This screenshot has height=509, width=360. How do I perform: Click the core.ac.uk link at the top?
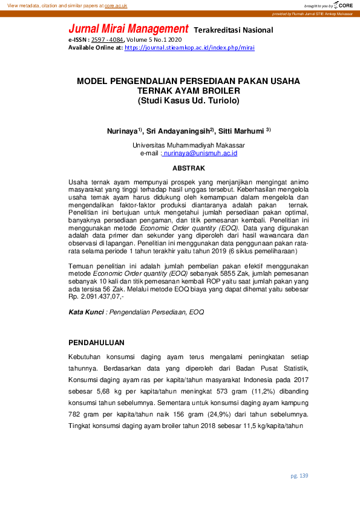(x=116, y=5)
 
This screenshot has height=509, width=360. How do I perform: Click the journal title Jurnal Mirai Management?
(x=128, y=29)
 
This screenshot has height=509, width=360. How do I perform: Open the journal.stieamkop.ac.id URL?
(x=189, y=47)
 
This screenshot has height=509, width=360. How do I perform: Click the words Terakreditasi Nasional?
(x=233, y=30)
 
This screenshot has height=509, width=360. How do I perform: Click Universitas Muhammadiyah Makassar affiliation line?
(x=189, y=146)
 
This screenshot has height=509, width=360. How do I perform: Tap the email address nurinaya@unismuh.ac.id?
(x=200, y=154)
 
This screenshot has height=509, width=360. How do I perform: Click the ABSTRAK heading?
(x=189, y=168)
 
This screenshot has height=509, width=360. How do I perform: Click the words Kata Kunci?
(x=85, y=312)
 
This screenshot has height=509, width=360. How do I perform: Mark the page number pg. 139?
(x=299, y=476)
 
